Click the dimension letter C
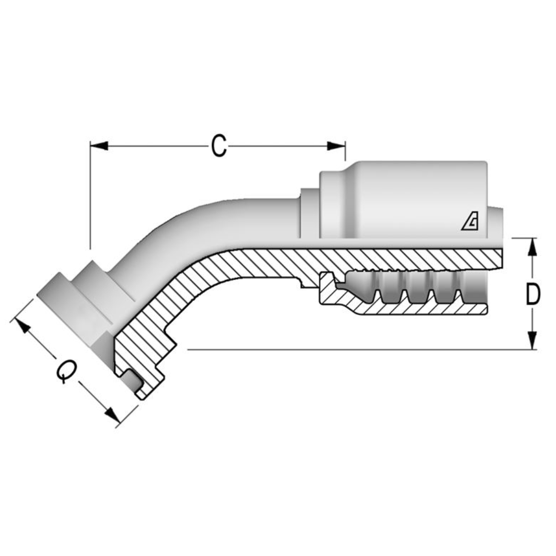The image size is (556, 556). click(219, 146)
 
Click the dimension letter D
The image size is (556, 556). click(533, 294)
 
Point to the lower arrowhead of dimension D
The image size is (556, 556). click(533, 341)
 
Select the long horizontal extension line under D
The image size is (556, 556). click(360, 350)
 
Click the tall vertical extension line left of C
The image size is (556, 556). click(90, 196)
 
